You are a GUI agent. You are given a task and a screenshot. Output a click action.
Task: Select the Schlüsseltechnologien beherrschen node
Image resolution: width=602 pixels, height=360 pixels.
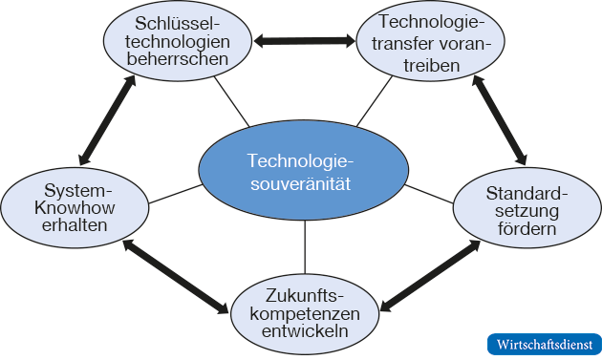tap(182, 40)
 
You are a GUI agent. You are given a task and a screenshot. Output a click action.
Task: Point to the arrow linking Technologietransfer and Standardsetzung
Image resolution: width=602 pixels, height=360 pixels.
tap(499, 119)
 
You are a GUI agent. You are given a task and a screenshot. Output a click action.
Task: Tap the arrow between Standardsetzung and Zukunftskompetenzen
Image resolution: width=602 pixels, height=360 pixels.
tap(429, 276)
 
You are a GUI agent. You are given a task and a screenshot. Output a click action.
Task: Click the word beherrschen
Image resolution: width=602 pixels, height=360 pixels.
tap(182, 58)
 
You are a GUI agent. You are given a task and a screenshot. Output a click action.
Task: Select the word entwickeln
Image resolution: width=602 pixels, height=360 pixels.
tap(305, 332)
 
